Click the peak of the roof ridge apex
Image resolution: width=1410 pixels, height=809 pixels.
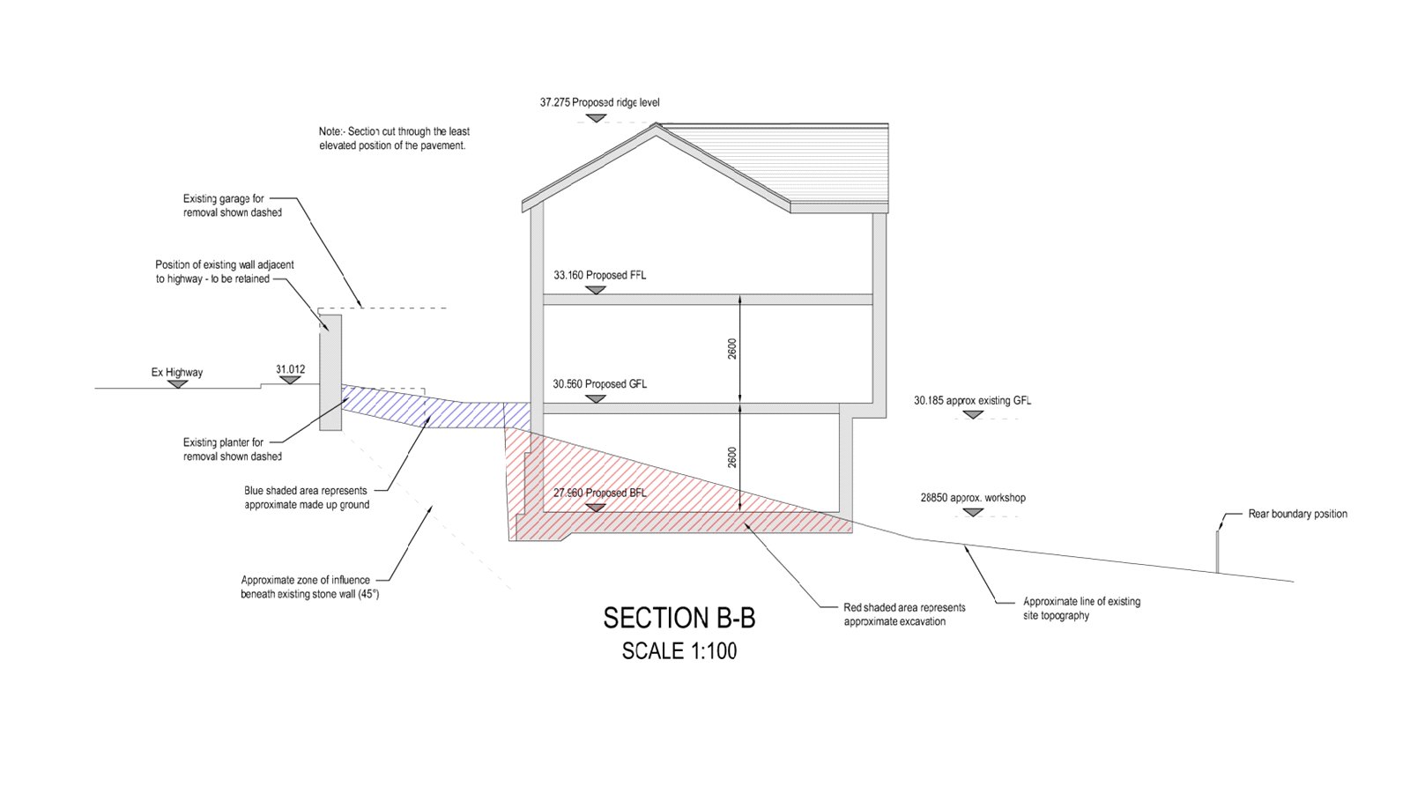656,124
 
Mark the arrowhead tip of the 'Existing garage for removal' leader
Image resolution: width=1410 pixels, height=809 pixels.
362,308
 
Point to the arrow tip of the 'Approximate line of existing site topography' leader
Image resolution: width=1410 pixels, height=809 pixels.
963,545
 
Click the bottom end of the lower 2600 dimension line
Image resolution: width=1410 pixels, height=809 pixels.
739,511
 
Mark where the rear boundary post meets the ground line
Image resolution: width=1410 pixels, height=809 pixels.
1217,573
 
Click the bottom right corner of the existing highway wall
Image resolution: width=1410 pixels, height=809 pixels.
341,430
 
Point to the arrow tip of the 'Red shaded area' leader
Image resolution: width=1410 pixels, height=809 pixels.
744,522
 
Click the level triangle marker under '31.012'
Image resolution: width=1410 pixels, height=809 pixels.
290,380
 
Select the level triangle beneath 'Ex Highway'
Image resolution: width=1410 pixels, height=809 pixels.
178,383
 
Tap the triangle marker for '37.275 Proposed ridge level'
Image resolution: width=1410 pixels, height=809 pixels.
596,118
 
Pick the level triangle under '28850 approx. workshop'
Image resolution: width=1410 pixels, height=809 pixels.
973,513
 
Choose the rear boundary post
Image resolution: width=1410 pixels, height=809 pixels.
1217,553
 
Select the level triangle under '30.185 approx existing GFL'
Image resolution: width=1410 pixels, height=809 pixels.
973,415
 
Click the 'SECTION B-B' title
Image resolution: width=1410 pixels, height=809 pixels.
679,619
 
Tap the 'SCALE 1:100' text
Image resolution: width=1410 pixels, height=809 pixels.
679,651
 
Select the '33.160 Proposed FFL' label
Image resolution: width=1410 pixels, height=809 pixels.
600,275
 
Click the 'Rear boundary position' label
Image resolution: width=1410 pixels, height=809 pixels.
1298,514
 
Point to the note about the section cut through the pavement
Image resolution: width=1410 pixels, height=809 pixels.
394,138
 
